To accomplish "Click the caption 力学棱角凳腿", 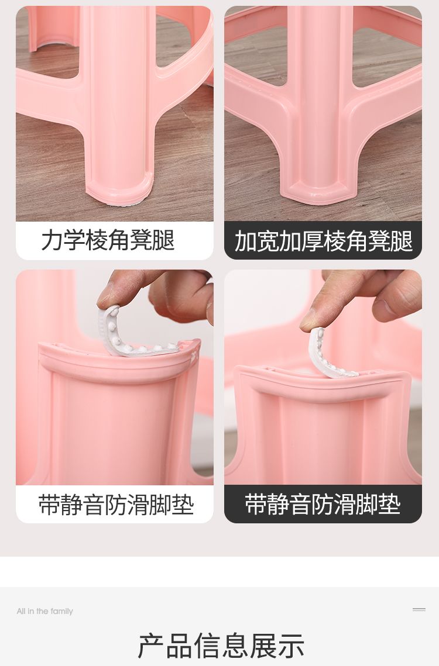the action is pos(108,240).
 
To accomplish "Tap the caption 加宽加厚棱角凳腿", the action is pos(323,241).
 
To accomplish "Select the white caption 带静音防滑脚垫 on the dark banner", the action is pos(323,505).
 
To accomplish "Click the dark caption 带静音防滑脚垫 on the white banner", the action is pos(116,505).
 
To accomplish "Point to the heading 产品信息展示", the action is pos(221,646).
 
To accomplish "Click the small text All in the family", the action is pos(44,611).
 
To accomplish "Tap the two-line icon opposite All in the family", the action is pos(419,610).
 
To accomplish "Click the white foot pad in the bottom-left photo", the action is pos(136,336).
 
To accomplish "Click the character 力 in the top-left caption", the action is pos(52,240).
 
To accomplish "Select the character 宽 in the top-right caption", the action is pos(268,241).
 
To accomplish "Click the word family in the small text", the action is pos(61,611).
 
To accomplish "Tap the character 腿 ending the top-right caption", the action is pos(402,241).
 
